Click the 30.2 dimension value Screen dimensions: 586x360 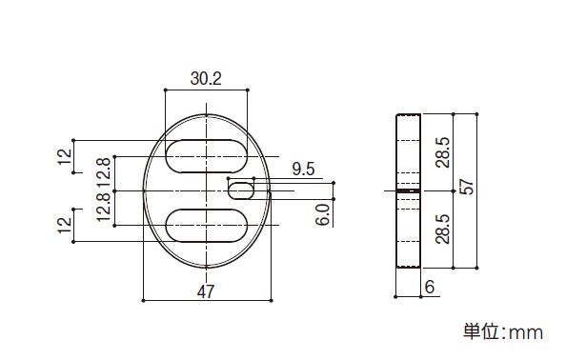point(206,78)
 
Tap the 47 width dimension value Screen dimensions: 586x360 point(206,291)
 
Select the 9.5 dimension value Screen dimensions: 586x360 point(303,170)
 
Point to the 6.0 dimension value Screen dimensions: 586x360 point(322,214)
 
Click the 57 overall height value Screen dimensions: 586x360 point(466,187)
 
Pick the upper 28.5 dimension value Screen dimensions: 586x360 point(443,152)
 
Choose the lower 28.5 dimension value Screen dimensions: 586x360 point(443,229)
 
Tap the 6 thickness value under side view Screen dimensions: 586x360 point(430,287)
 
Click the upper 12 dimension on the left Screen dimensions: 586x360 point(64,156)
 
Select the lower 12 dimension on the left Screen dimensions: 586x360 point(64,225)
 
